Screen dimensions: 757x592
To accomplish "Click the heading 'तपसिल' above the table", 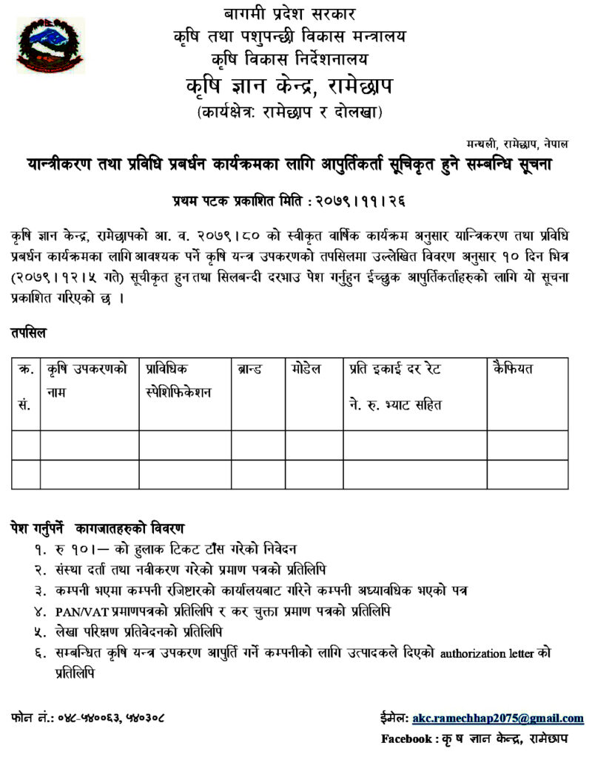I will click(28, 333).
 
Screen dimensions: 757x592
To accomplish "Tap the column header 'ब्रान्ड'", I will click(249, 368).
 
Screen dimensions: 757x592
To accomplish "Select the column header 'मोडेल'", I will click(306, 368).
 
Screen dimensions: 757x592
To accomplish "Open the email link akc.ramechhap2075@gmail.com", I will click(498, 718).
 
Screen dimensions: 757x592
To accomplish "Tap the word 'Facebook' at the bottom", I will click(406, 739).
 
